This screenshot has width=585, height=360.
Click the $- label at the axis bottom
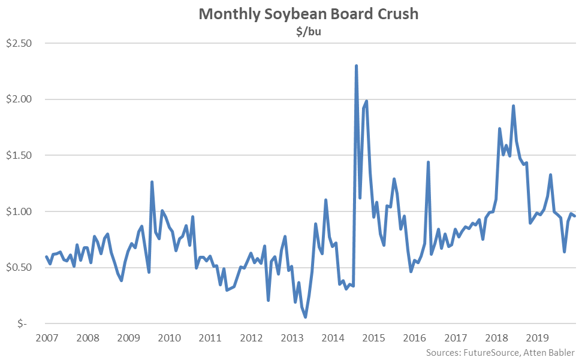tap(22, 323)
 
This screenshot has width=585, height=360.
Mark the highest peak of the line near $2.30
tap(357, 66)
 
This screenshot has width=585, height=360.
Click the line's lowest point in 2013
tap(305, 317)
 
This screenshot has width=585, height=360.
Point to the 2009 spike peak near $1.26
tap(152, 182)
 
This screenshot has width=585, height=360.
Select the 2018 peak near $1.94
tap(514, 106)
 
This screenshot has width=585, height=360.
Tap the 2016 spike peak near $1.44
tap(428, 162)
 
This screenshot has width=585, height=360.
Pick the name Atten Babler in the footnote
tap(553, 352)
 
